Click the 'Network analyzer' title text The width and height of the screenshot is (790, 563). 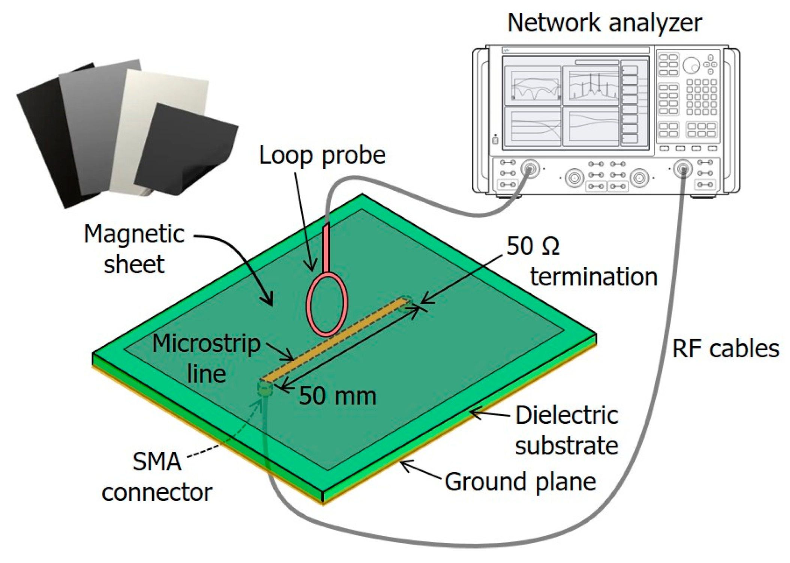click(x=604, y=23)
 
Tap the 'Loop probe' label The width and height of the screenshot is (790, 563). click(x=322, y=155)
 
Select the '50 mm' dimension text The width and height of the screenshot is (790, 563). click(x=337, y=396)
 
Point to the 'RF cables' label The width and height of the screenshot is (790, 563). click(x=726, y=349)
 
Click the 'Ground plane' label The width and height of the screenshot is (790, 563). click(x=520, y=482)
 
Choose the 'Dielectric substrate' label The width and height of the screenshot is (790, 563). click(x=566, y=430)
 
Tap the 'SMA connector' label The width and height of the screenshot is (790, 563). click(x=157, y=476)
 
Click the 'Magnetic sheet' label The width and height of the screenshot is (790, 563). click(x=134, y=249)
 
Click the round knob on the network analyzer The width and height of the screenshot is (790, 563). click(x=691, y=65)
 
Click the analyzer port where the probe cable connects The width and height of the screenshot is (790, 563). click(x=530, y=169)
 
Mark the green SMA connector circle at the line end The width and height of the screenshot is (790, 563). click(x=265, y=388)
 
